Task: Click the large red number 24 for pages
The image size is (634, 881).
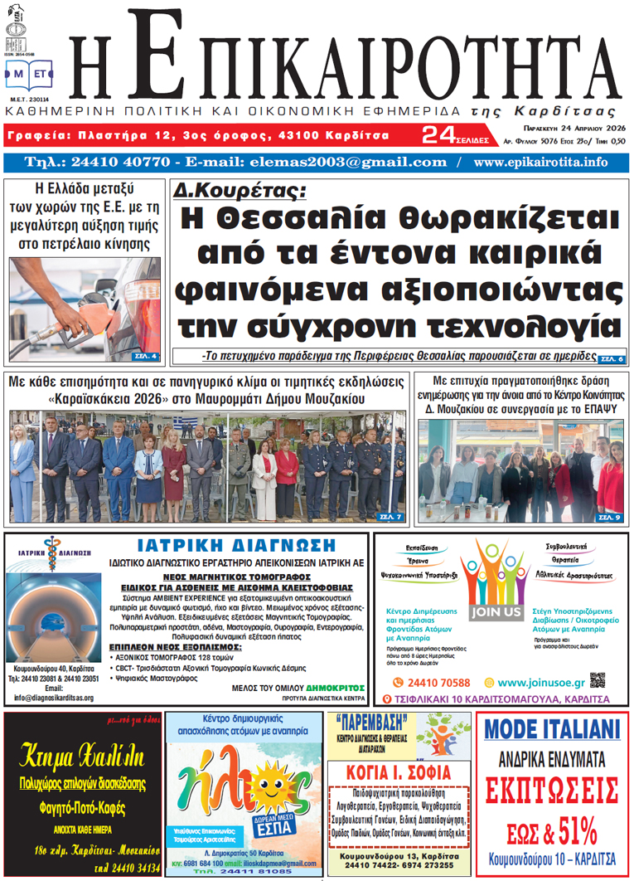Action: (x=438, y=134)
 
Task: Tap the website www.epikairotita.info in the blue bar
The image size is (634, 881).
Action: (x=545, y=162)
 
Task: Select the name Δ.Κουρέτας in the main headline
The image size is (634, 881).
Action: (x=240, y=191)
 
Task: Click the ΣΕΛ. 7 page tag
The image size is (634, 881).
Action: (x=390, y=518)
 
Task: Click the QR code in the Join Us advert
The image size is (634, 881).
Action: (x=598, y=680)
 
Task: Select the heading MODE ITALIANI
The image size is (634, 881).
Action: (x=552, y=729)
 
